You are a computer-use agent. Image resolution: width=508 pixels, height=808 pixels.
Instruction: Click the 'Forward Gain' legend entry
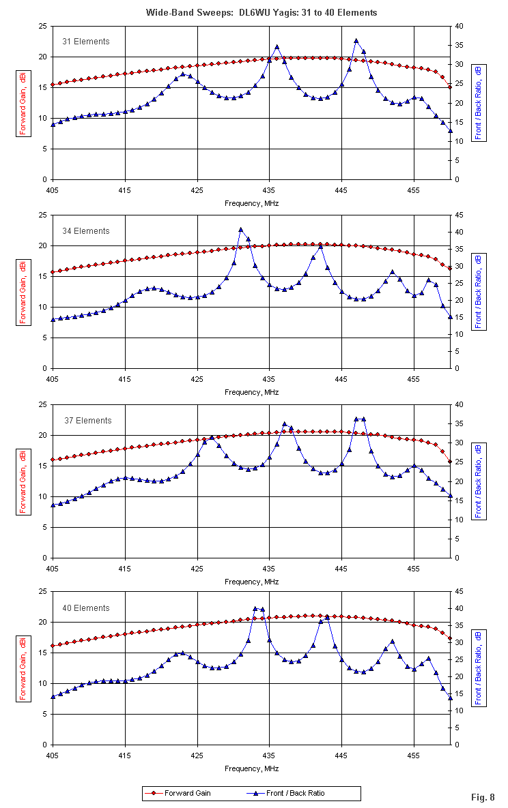click(187, 793)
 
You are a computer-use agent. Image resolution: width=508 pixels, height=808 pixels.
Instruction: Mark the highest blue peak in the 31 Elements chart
click(356, 41)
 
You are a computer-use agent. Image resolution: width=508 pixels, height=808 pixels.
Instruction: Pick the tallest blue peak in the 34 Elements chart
click(241, 230)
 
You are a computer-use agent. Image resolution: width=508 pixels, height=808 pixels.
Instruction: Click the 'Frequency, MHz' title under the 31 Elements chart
click(252, 203)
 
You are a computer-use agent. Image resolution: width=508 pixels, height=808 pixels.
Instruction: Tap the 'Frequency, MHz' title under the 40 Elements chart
click(252, 768)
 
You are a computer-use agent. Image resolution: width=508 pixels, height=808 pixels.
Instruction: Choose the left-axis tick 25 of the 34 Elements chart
click(42, 215)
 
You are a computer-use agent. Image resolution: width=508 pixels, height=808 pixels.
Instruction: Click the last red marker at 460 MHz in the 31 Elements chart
click(450, 87)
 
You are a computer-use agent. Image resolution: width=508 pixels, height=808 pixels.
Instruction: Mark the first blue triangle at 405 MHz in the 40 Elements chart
click(53, 696)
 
